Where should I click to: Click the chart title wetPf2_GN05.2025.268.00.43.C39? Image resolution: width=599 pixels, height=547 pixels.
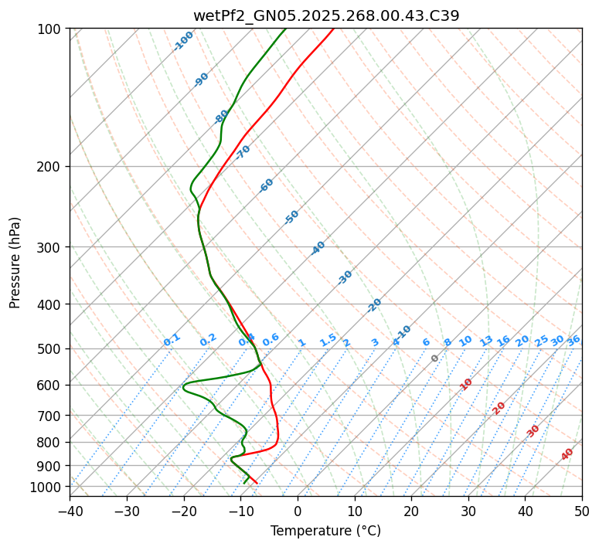click(x=325, y=15)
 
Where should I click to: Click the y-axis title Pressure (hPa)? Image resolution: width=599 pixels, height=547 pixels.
click(x=15, y=263)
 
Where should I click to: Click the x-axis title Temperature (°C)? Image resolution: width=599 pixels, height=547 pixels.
click(x=325, y=532)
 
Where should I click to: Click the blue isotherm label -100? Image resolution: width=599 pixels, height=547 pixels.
click(x=183, y=41)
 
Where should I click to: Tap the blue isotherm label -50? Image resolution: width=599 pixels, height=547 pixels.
click(x=291, y=217)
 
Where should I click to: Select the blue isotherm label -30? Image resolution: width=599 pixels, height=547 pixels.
click(x=345, y=277)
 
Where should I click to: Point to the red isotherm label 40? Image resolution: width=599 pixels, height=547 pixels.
click(x=567, y=454)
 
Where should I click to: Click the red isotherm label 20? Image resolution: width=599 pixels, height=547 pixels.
click(x=499, y=407)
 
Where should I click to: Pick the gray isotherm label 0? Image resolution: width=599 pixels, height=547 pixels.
click(x=435, y=358)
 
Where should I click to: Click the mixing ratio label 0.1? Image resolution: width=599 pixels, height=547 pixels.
click(x=172, y=339)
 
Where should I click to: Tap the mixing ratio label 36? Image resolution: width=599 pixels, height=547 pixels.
click(x=573, y=340)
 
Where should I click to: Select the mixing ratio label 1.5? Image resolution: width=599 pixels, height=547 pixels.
click(x=328, y=339)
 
